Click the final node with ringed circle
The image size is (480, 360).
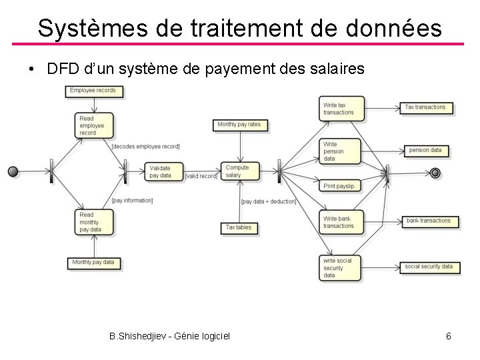click(435, 173)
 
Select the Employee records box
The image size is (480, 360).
click(93, 91)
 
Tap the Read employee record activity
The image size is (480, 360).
click(94, 125)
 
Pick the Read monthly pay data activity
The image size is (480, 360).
click(94, 222)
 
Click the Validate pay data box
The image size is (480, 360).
click(163, 172)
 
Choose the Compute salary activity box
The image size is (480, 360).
click(239, 171)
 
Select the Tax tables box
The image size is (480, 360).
click(239, 228)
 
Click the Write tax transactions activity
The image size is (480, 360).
click(340, 109)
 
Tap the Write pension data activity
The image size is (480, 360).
click(340, 151)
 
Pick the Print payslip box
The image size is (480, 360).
click(340, 186)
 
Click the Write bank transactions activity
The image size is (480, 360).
click(340, 222)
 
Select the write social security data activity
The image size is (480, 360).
click(340, 267)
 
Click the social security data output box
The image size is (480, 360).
click(429, 267)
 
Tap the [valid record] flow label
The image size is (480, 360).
click(201, 176)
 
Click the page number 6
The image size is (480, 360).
click(449, 336)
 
